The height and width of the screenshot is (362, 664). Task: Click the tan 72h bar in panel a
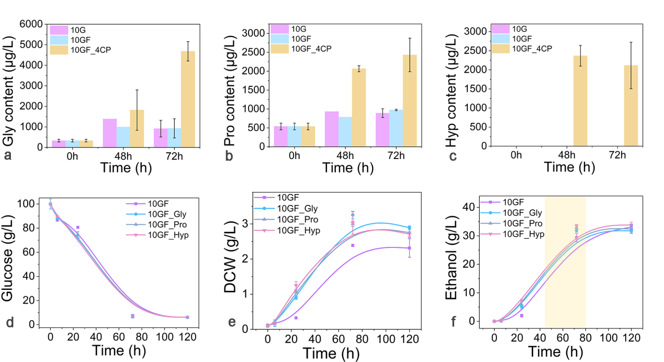(188, 99)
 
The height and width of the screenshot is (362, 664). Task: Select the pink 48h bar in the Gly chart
(110, 133)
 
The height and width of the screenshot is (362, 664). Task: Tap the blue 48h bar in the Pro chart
(345, 132)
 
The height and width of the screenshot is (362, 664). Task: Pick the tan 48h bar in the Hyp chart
(580, 101)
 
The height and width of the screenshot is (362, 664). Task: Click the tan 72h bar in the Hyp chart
(631, 106)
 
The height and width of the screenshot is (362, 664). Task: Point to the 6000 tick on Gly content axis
(31, 24)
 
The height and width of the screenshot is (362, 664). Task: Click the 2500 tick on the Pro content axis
(254, 52)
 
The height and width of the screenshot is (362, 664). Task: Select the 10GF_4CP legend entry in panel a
(81, 50)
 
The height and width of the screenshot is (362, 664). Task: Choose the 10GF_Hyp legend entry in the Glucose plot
(157, 235)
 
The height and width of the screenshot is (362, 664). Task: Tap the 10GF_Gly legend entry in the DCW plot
(286, 208)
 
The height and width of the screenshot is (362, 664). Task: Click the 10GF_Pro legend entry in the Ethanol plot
(511, 223)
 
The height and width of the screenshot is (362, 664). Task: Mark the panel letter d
(10, 322)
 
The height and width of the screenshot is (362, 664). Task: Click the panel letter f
(453, 321)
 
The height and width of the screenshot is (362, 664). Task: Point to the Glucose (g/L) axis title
(7, 258)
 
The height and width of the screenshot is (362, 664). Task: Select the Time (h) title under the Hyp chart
(569, 167)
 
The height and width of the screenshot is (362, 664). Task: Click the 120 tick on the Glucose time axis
(187, 337)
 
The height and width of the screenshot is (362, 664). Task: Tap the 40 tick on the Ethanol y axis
(469, 207)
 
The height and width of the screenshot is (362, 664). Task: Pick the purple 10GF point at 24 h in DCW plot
(296, 318)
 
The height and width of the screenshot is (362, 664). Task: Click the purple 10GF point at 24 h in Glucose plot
(77, 228)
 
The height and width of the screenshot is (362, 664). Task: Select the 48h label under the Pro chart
(345, 156)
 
